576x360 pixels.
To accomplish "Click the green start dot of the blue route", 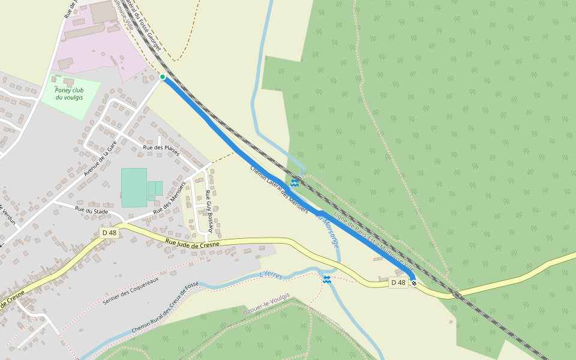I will [163, 77].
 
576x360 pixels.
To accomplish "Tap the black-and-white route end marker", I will [413, 283].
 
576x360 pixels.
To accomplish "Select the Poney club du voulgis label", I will [70, 94].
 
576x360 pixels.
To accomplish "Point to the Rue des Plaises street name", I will [161, 150].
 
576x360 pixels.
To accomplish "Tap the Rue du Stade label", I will [91, 210].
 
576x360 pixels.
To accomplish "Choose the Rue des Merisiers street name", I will [169, 199].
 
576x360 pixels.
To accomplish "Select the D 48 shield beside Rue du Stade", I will [109, 233].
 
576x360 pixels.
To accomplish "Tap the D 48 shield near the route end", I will [398, 283].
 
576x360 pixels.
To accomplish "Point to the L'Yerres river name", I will [271, 275].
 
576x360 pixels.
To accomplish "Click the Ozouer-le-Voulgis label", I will [266, 304].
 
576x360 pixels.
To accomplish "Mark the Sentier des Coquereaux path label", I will [131, 290].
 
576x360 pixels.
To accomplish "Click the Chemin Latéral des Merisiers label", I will [279, 189].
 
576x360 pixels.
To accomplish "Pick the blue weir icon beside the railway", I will [295, 182].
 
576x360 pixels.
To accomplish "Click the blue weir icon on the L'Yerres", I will [327, 280].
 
